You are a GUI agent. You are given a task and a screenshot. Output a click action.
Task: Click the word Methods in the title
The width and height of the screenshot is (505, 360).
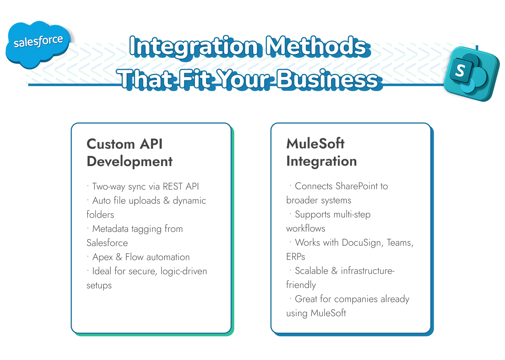click(315, 46)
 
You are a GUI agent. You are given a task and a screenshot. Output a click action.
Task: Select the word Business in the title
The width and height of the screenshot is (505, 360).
click(327, 79)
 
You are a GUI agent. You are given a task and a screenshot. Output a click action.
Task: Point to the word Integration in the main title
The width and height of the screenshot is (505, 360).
click(194, 46)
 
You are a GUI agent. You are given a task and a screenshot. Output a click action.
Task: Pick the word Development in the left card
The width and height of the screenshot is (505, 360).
click(130, 161)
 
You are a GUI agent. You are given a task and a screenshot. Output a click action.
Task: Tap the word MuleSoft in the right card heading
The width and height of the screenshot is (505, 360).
click(315, 144)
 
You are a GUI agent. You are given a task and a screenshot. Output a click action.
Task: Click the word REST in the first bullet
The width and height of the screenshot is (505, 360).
click(173, 186)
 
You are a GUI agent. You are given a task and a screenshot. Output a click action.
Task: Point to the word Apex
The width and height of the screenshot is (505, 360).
click(103, 257)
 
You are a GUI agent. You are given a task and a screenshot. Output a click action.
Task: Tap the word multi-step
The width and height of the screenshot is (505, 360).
click(352, 215)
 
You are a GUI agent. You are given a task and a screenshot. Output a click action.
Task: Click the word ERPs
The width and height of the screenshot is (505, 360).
click(296, 257)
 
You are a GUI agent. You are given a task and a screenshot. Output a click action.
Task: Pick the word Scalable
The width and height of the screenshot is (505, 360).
click(311, 271)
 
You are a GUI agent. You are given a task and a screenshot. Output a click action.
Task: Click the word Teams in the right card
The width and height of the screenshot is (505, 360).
click(400, 243)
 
